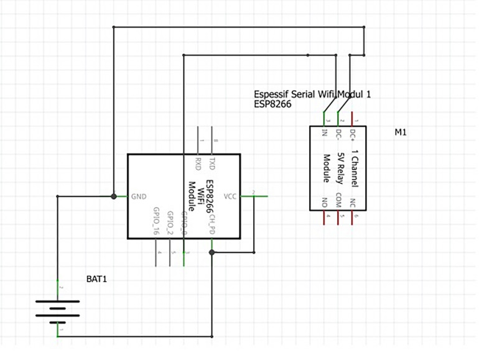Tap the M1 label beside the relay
click(x=400, y=132)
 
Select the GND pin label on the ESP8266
click(x=138, y=196)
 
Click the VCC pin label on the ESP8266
click(x=230, y=196)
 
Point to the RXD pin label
click(x=198, y=164)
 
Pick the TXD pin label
click(x=212, y=164)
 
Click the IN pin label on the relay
click(x=324, y=132)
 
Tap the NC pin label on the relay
click(x=353, y=201)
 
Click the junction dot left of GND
click(x=114, y=196)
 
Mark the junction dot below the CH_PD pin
click(x=212, y=252)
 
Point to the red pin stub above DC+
click(x=353, y=118)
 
